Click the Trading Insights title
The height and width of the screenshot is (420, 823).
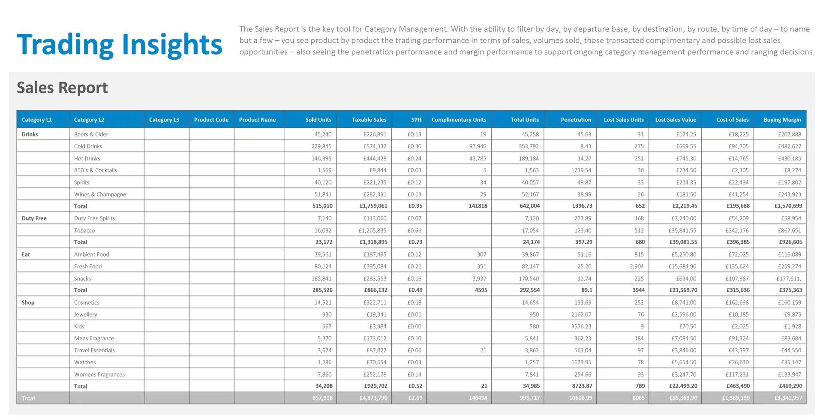[x=119, y=45]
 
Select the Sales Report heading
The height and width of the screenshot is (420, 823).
[x=62, y=88]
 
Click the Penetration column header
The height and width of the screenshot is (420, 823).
[x=576, y=120]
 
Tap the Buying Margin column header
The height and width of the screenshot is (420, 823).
[x=782, y=120]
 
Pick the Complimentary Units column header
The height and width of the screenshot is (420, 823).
[x=459, y=120]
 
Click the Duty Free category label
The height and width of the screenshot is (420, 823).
[x=34, y=218]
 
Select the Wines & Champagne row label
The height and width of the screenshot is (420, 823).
[x=100, y=194]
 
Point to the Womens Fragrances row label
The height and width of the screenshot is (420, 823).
[x=99, y=375]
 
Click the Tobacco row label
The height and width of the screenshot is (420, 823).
[x=84, y=230]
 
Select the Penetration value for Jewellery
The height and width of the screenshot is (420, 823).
[x=581, y=314]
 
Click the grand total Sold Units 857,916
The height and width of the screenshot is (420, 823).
[x=322, y=398]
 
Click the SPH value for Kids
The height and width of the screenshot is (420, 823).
[x=414, y=326]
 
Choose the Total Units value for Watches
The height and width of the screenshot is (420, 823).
[x=532, y=363]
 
